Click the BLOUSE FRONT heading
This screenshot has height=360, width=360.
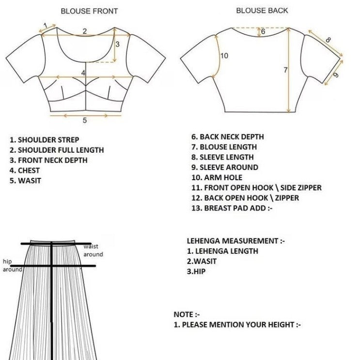89,11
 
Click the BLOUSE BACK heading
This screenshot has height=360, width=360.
262,10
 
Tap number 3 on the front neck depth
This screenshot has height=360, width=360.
117,44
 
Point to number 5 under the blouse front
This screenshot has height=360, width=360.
84,120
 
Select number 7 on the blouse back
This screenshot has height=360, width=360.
286,70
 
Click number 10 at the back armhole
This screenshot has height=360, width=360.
224,56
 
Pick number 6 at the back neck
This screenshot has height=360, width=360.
263,31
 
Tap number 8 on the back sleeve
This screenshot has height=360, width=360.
328,40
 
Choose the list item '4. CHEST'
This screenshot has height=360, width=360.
25,171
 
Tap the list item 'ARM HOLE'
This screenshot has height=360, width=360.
220,177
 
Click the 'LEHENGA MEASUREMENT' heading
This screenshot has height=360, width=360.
232,241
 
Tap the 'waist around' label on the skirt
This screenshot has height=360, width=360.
93,250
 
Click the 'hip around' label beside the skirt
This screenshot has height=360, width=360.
11,265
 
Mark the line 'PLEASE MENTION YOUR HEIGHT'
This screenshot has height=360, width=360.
237,325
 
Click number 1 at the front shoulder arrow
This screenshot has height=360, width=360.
45,25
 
